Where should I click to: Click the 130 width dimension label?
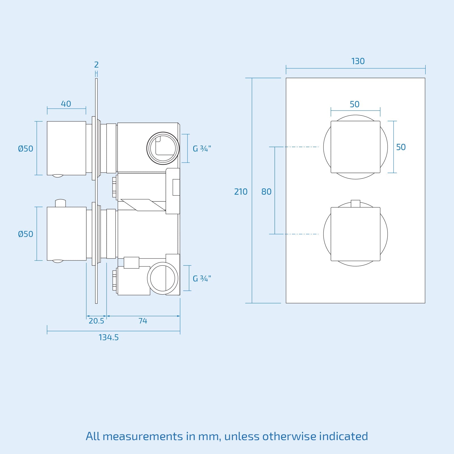click(358, 61)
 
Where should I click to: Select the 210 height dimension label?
click(241, 192)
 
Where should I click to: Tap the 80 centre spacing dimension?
click(266, 192)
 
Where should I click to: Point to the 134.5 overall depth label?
click(108, 337)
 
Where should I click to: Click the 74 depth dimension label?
click(143, 321)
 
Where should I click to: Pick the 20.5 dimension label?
click(96, 321)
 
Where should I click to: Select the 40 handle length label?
click(66, 104)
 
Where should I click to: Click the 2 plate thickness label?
click(96, 65)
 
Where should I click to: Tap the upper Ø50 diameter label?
click(26, 149)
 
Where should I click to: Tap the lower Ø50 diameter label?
click(26, 234)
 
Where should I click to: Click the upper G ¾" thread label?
click(202, 149)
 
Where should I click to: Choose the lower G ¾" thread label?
click(202, 279)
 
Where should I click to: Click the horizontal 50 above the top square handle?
click(354, 104)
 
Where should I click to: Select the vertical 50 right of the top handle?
click(401, 147)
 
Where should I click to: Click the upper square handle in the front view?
click(355, 147)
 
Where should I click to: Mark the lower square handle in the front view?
click(355, 234)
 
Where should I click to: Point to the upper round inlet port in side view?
click(163, 148)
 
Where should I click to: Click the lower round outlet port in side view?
click(163, 278)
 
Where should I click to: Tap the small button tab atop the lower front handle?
click(355, 203)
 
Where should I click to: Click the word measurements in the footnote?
click(143, 436)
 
